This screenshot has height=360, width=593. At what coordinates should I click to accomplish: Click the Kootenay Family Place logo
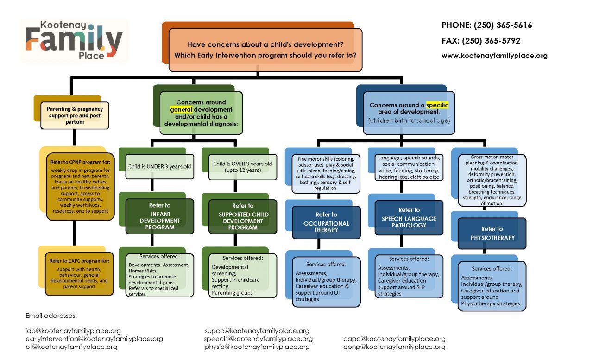[74, 40]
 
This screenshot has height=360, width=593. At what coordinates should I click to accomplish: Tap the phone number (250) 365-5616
[486, 25]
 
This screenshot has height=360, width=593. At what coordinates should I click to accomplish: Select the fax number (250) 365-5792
[480, 41]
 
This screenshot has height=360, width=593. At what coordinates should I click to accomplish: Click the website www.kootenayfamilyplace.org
[494, 56]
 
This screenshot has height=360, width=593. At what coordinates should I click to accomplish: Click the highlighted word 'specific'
[437, 105]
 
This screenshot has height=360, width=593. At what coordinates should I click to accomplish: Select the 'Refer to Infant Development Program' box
[159, 216]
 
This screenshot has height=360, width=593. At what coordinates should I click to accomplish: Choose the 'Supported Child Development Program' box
[243, 216]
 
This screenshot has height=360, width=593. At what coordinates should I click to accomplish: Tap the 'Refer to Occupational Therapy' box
[327, 222]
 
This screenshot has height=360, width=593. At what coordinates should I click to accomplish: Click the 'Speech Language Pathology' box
[409, 218]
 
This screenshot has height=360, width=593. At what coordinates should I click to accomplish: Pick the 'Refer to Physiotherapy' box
[492, 234]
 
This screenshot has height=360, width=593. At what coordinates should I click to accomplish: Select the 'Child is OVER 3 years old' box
[242, 166]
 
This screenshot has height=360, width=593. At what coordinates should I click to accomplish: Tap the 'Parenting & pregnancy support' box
[75, 115]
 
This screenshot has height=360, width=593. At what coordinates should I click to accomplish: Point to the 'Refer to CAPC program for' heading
[79, 261]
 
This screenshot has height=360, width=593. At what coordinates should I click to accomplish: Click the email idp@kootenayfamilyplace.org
[73, 331]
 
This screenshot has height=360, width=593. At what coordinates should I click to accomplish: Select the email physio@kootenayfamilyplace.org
[257, 347]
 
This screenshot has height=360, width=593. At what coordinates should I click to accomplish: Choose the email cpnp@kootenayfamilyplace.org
[394, 347]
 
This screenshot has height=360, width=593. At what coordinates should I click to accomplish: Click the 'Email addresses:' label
[51, 316]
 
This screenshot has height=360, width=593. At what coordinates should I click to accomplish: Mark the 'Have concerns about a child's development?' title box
[265, 50]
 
